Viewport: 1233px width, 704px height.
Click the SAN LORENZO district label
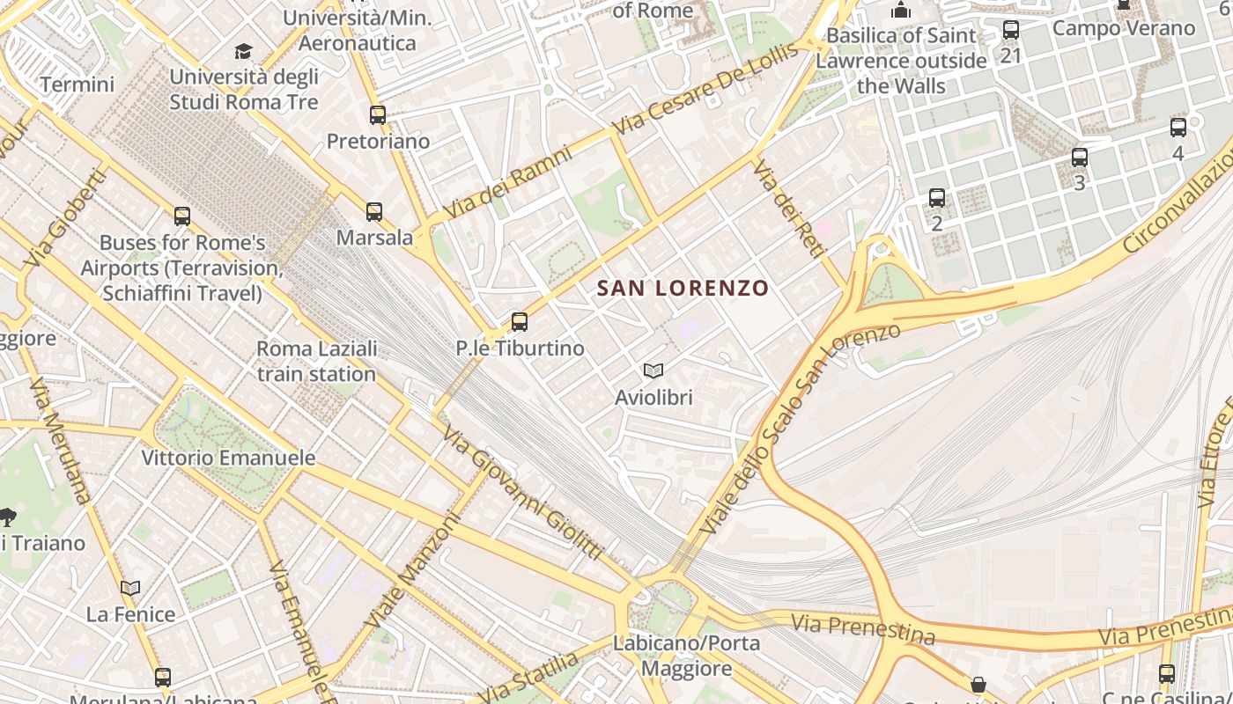tap(683, 288)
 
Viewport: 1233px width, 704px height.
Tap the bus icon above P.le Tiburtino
tap(520, 322)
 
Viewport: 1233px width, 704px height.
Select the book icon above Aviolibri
tap(653, 371)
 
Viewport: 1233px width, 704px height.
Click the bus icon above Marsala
tap(374, 212)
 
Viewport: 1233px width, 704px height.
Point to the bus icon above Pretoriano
tap(378, 115)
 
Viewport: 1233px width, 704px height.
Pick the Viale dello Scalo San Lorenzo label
tap(800, 429)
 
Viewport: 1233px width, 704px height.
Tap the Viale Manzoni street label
tap(414, 570)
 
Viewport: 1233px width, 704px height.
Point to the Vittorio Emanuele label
tap(228, 458)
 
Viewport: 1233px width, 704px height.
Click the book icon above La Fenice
tap(130, 588)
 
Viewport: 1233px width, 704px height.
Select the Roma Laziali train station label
tap(317, 361)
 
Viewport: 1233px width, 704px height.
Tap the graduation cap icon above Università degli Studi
tap(244, 52)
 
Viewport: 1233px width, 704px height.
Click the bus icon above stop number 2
tap(937, 198)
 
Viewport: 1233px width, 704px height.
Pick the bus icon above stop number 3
tap(1080, 158)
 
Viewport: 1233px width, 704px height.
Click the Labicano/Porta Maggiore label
tap(686, 656)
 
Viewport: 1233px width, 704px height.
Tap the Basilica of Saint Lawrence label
tap(901, 61)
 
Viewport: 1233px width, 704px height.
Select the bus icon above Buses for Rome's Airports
tap(182, 216)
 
